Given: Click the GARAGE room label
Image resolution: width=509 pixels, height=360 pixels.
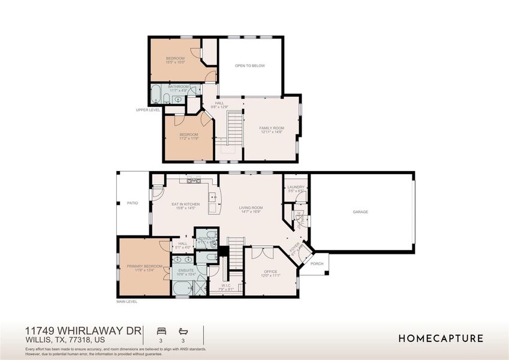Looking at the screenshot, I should coord(360,212).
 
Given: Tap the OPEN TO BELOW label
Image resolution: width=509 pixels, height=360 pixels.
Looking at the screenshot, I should coord(250,66).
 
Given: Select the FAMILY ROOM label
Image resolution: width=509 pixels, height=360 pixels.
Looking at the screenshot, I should coord(271,128).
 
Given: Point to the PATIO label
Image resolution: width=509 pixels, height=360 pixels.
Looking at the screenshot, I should coord(132,203).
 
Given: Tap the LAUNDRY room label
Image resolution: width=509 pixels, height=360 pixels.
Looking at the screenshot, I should coord(296,187).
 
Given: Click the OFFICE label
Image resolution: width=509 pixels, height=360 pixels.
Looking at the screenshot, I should coord(270,272).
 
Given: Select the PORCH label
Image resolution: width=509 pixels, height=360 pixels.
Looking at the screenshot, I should coord(317,263).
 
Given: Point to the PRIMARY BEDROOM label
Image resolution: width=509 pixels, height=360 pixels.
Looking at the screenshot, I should coord(144,266).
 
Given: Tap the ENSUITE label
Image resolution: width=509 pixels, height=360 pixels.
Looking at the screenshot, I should coord(186,271).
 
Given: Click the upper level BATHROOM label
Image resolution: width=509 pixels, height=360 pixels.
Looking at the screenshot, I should coord(179,87).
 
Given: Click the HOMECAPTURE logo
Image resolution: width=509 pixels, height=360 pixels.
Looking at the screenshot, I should coord(441,338).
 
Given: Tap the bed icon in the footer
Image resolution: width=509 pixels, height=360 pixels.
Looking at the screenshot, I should coord(161,331).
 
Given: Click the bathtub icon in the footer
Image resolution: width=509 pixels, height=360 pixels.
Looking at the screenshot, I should coord(183,331).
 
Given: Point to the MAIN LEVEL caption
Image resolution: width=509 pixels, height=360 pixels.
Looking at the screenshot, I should coord(127,302).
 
